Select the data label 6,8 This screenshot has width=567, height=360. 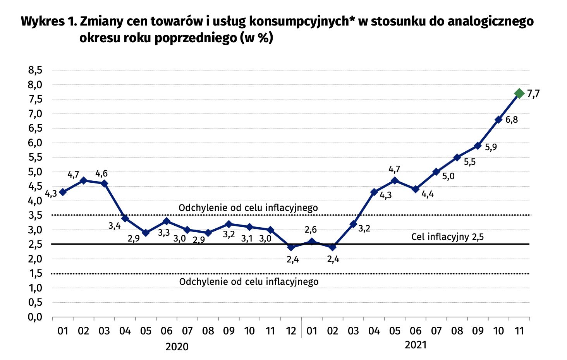click(x=512, y=120)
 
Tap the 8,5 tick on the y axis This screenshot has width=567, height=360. click(x=35, y=70)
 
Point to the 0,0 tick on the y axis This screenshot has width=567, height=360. click(x=35, y=317)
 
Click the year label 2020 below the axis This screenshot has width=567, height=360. click(x=177, y=346)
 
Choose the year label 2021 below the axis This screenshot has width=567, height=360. click(x=416, y=345)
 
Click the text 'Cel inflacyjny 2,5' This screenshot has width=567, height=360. click(x=447, y=237)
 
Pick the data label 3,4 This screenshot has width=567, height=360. click(x=114, y=226)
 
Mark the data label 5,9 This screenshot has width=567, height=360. click(x=491, y=147)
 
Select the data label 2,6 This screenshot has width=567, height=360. click(x=311, y=230)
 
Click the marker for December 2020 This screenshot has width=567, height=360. click(x=291, y=247)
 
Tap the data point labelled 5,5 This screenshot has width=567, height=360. click(x=457, y=158)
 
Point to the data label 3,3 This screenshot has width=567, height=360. click(x=164, y=233)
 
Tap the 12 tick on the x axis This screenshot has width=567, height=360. click(x=291, y=331)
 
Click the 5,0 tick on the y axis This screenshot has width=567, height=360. click(x=35, y=172)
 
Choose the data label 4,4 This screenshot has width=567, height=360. click(x=427, y=194)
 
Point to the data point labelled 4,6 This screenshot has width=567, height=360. click(x=104, y=183)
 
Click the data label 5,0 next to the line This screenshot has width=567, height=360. click(x=448, y=177)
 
